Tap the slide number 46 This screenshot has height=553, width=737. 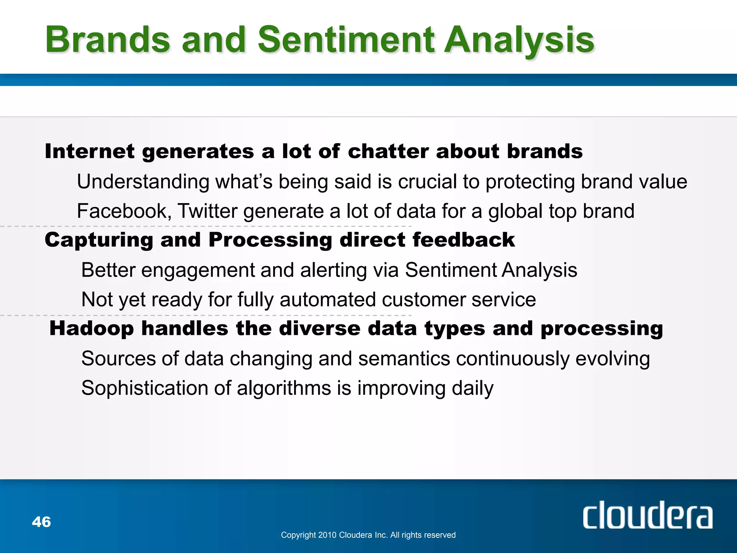[41, 522]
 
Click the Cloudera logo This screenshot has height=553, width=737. [647, 516]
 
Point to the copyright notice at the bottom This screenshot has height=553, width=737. [368, 535]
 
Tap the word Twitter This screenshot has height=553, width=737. [208, 211]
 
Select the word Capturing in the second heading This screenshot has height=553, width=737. [99, 240]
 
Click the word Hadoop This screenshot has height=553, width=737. [91, 329]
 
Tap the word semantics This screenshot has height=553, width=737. [404, 359]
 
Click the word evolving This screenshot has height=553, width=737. [612, 359]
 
